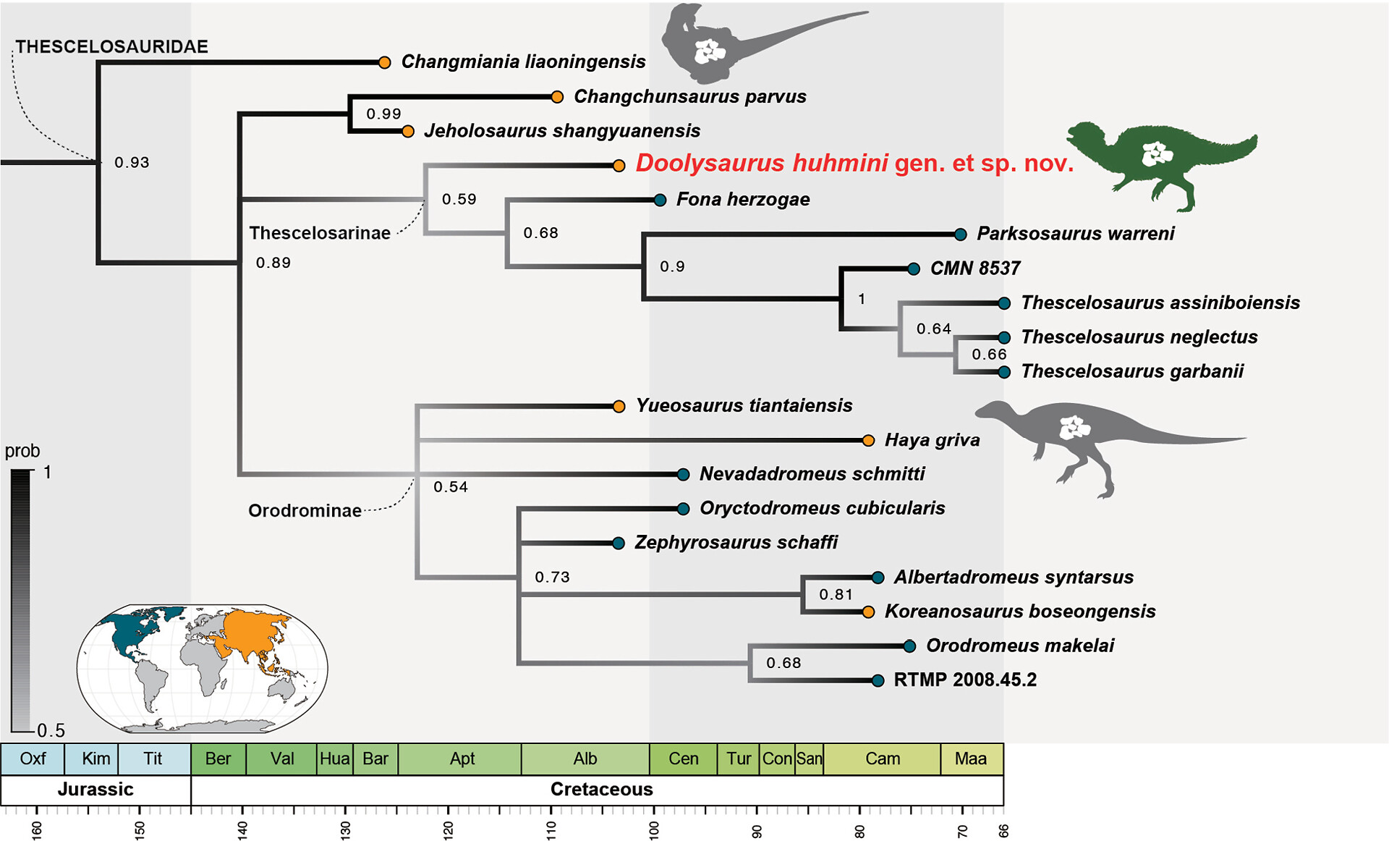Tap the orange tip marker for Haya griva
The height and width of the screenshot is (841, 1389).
[869, 440]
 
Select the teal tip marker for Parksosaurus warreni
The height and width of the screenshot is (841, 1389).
[960, 234]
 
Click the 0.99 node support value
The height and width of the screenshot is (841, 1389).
[383, 114]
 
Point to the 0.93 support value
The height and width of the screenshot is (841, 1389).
[132, 162]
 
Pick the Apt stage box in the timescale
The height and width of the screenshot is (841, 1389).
[462, 758]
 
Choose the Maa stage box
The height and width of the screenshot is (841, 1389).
[970, 758]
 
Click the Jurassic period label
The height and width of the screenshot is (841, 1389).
[95, 789]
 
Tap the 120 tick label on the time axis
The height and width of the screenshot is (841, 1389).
[448, 829]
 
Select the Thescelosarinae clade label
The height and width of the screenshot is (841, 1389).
[320, 233]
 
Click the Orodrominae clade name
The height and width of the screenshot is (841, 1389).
[305, 511]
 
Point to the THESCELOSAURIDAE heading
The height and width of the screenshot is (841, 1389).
[112, 47]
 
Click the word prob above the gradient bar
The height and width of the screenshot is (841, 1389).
[22, 451]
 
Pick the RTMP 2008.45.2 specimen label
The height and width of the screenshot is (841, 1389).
[965, 680]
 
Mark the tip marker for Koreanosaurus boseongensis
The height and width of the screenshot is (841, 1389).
[868, 612]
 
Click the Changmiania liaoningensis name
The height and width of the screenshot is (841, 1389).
[523, 62]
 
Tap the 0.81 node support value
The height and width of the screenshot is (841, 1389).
[836, 594]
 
